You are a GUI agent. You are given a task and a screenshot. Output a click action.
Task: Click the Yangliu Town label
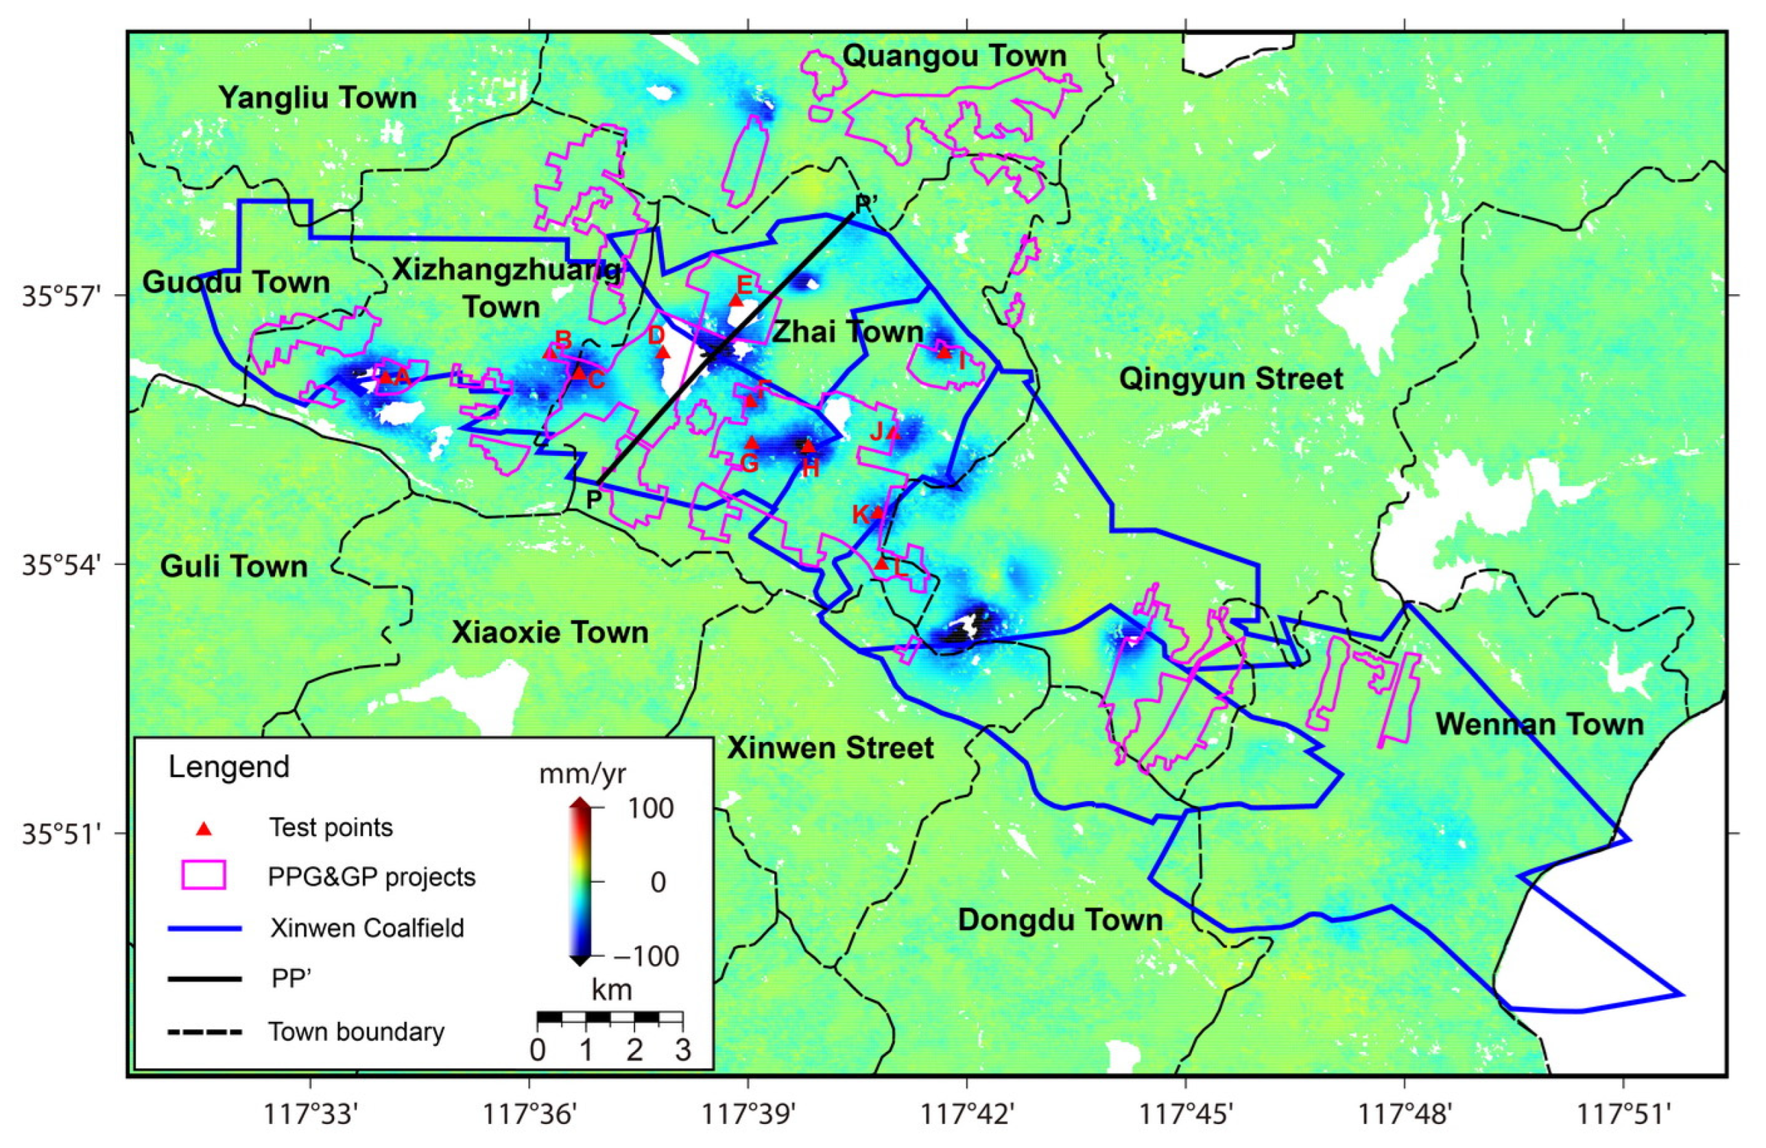tap(317, 98)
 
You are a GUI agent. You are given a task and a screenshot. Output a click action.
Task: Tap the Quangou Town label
tap(954, 56)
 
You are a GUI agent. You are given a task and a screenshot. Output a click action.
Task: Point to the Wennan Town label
tap(1540, 724)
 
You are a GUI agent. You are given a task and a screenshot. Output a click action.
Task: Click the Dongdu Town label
tap(1060, 920)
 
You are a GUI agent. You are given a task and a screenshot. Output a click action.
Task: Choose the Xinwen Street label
tap(831, 748)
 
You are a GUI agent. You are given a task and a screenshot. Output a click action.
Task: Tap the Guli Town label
tap(234, 567)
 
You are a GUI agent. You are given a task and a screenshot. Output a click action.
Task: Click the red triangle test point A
tap(385, 377)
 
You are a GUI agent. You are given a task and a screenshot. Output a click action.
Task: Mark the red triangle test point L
tap(881, 564)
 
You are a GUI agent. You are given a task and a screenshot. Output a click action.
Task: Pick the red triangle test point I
tap(943, 352)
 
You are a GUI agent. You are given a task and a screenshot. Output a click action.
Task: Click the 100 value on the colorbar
tap(650, 808)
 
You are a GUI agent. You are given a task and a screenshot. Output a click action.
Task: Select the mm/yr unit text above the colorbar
tap(582, 775)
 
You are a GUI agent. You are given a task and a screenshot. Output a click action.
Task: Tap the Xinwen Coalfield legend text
tap(366, 928)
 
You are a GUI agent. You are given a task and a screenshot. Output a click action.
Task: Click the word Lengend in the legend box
tap(228, 767)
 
